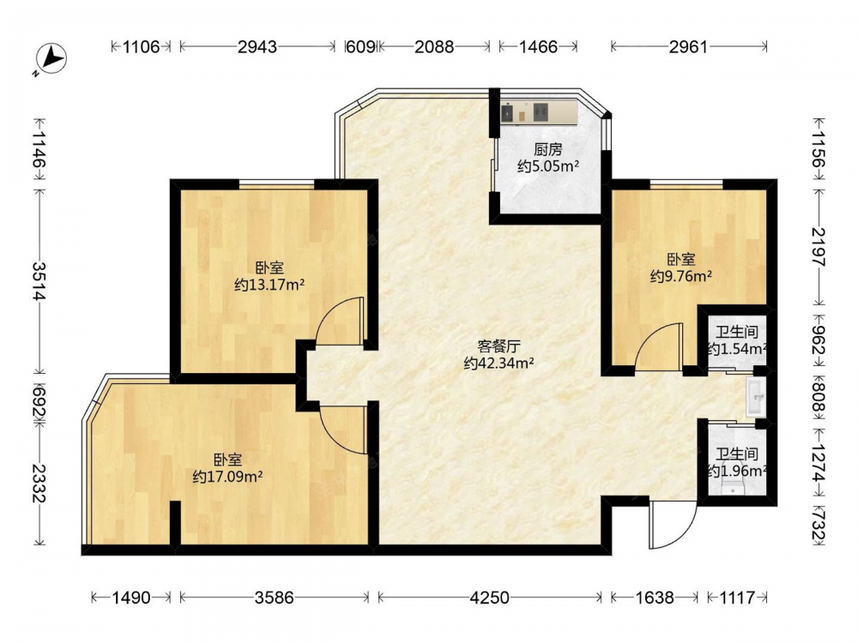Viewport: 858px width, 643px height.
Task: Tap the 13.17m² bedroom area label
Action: point(269,285)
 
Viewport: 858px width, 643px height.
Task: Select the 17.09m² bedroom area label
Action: point(227,477)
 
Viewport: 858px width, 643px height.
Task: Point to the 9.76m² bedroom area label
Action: point(680,276)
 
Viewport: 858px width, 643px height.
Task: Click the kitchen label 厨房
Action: point(547,149)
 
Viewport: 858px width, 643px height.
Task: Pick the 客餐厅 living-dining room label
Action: point(498,346)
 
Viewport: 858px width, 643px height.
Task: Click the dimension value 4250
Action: point(490,598)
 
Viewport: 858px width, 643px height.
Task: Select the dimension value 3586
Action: point(275,598)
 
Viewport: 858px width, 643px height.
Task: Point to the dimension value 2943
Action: point(257,47)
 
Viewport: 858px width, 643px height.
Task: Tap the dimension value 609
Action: point(361,47)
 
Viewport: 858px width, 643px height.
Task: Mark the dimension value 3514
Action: point(39,281)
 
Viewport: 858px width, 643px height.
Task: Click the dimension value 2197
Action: point(818,247)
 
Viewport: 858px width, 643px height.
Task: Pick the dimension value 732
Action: point(818,526)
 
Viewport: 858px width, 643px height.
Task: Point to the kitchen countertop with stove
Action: point(540,111)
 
